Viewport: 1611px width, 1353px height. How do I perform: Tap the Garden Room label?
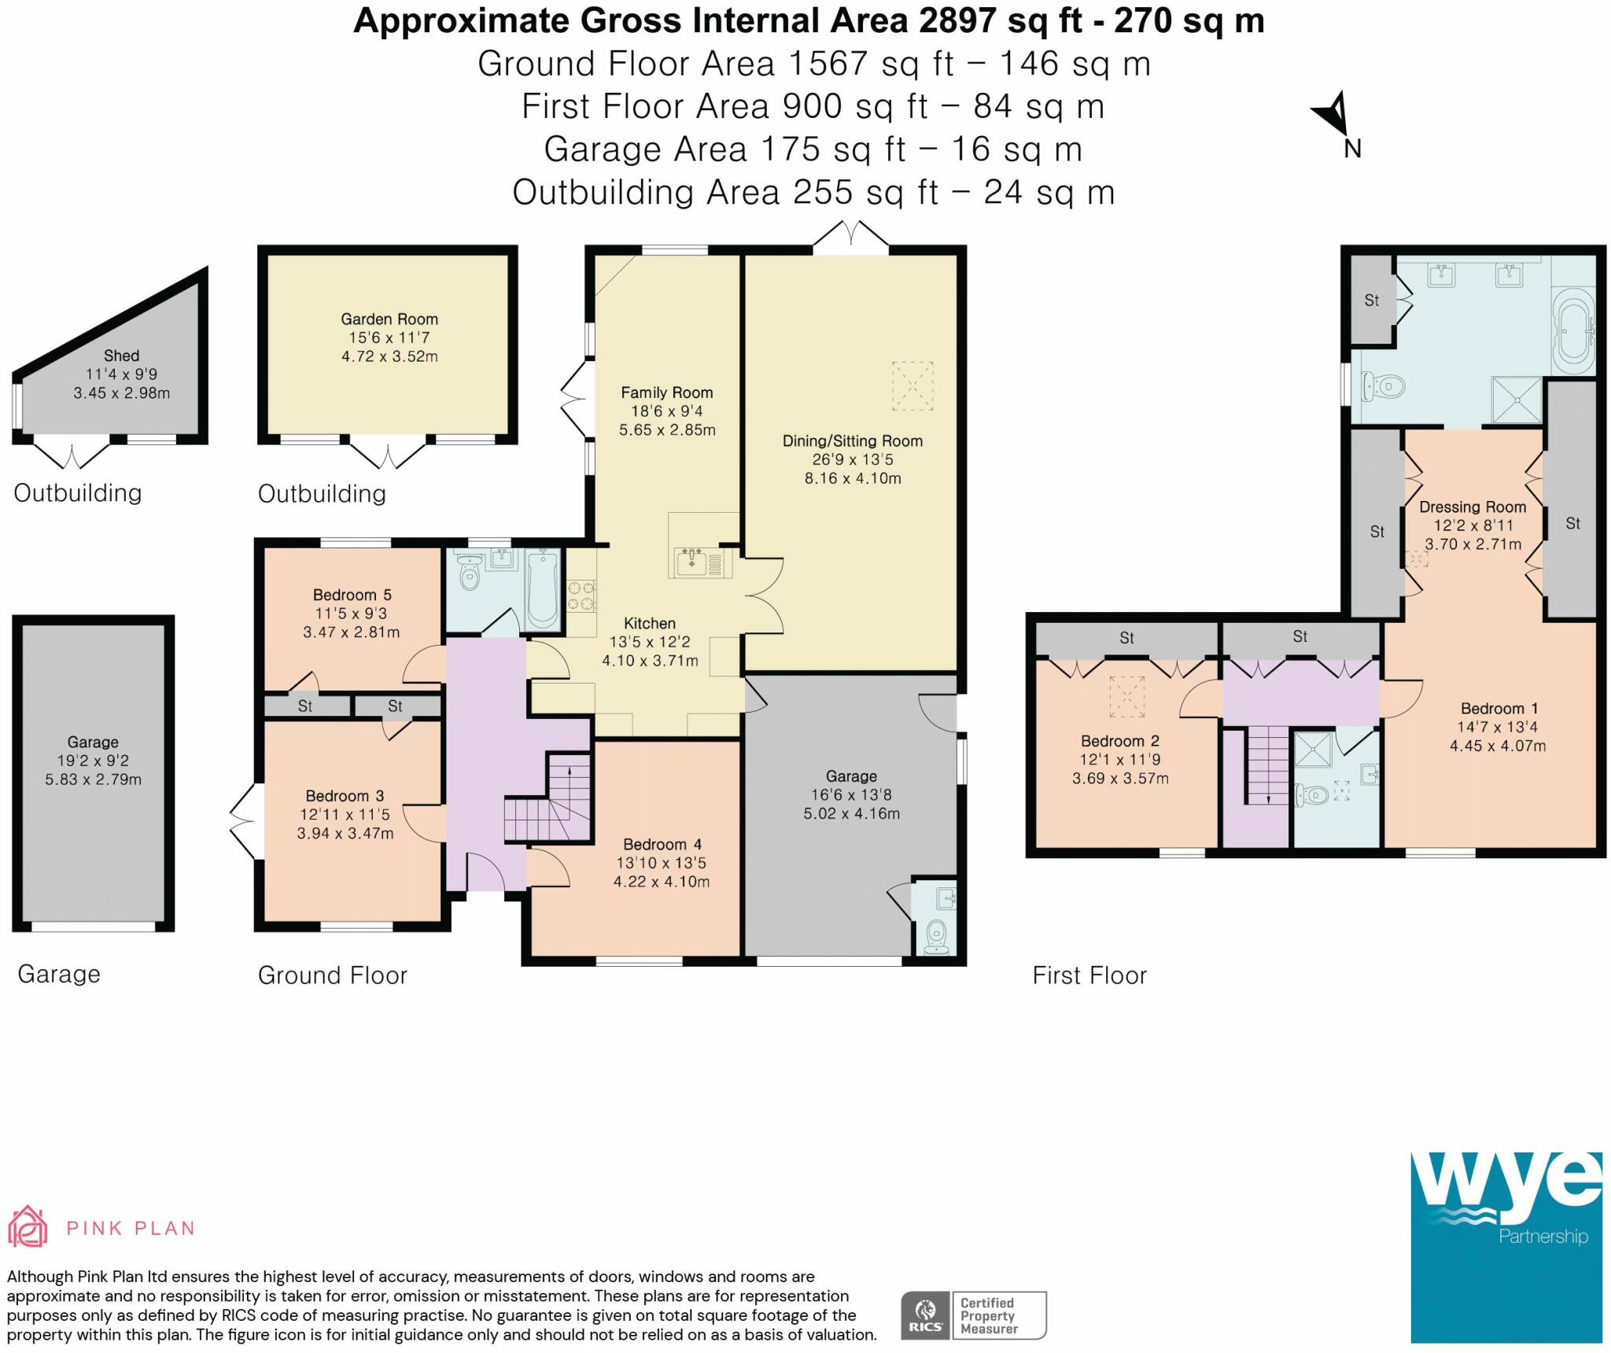[389, 319]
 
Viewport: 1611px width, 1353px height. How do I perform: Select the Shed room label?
[121, 356]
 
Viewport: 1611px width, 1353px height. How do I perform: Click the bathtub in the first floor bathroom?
[1572, 331]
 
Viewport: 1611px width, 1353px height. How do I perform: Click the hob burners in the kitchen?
[581, 595]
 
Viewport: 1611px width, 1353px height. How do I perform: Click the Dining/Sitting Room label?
[853, 441]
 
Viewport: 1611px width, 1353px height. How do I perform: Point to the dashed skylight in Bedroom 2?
[1126, 697]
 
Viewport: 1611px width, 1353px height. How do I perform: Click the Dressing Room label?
[1473, 507]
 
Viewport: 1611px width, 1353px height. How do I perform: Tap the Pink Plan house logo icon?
[27, 1226]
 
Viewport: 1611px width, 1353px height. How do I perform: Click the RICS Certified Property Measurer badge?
[974, 1315]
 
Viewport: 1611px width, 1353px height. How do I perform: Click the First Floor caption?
[1089, 975]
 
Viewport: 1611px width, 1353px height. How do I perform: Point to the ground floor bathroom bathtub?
[543, 590]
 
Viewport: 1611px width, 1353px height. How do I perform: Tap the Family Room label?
[667, 393]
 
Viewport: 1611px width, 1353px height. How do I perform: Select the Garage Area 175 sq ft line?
[813, 149]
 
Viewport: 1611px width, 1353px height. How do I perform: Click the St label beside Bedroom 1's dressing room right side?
[1572, 524]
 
